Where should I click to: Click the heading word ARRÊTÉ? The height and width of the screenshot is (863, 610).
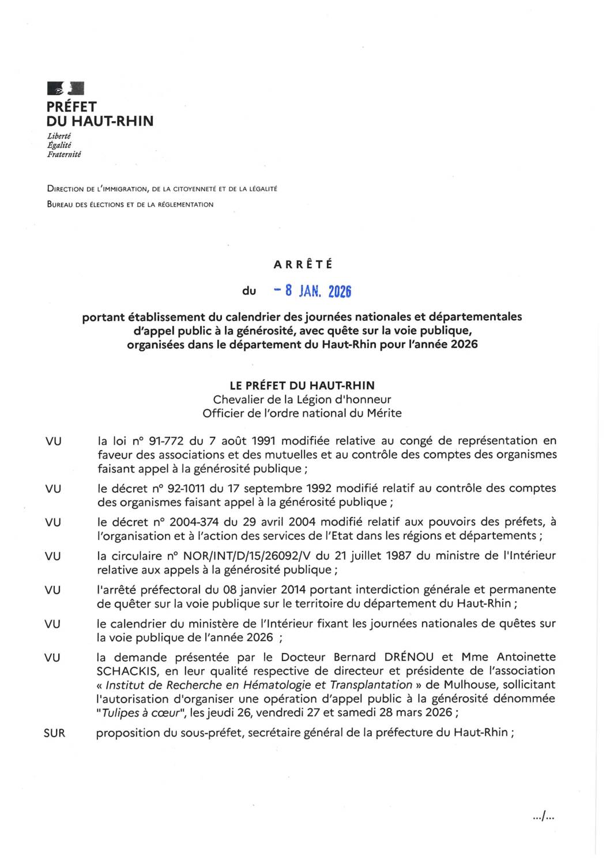click(303, 265)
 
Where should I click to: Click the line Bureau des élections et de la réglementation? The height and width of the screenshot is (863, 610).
click(130, 204)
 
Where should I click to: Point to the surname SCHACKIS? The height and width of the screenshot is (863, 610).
click(126, 671)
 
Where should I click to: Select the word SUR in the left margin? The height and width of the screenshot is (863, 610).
click(54, 733)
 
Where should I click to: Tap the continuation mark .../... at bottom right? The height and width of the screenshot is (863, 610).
click(544, 816)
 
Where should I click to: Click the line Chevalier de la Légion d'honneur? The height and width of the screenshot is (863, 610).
click(302, 399)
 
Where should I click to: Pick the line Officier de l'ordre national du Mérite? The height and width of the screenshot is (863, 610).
click(302, 413)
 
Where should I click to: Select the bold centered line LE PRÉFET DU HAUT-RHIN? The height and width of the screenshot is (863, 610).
click(302, 385)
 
